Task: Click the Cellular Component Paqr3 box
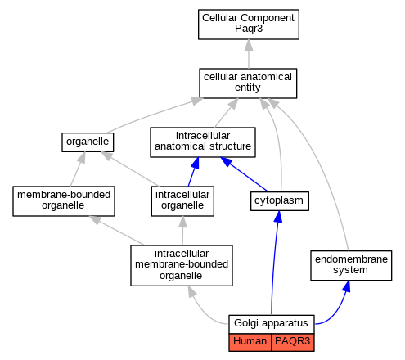(249, 25)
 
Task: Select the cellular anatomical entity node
(248, 83)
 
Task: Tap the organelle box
(88, 142)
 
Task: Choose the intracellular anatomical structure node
(203, 142)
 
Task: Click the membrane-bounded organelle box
(64, 201)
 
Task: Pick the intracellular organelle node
(182, 201)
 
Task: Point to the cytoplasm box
(280, 201)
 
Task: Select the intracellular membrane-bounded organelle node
(182, 265)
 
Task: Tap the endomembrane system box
(351, 265)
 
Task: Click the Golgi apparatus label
(271, 323)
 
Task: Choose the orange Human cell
(250, 342)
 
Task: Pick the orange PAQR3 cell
(293, 342)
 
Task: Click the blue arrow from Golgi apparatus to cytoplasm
(273, 262)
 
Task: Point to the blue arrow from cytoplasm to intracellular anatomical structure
(244, 174)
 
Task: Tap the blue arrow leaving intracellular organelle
(193, 172)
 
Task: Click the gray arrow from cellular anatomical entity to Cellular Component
(249, 54)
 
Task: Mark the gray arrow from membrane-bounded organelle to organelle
(77, 169)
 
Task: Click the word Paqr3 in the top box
(249, 29)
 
